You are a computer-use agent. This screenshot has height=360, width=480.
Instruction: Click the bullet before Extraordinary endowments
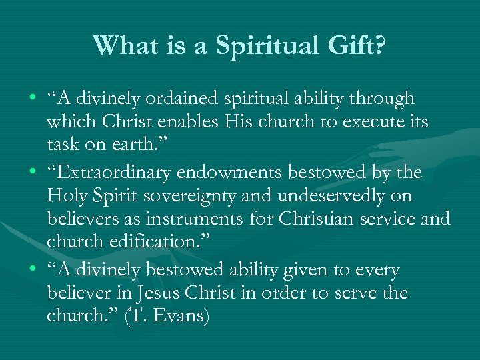click(x=33, y=173)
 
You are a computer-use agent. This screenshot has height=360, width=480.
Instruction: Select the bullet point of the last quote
click(x=33, y=271)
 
